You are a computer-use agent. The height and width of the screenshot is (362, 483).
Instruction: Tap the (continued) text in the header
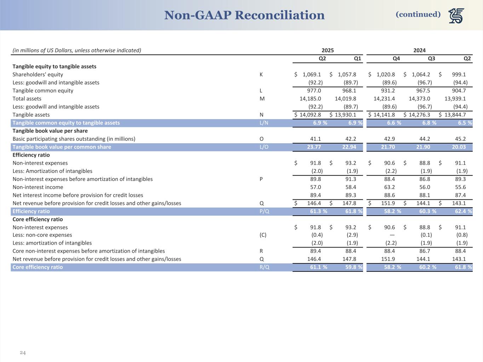point(418,14)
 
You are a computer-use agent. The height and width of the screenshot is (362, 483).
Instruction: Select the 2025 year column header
point(327,50)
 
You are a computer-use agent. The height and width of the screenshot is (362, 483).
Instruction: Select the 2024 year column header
point(419,50)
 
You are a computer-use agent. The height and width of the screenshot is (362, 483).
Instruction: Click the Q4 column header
point(396,58)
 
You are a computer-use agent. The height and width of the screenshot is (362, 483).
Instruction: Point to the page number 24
point(23,352)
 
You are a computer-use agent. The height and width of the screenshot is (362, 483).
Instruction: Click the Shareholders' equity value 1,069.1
point(312,75)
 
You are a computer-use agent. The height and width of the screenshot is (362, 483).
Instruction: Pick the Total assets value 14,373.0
point(419,99)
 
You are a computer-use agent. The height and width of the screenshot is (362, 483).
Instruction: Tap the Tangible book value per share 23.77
point(315,147)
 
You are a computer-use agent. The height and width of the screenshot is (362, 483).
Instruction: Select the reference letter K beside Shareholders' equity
point(261,75)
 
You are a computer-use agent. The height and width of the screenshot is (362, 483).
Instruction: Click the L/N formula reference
point(264,123)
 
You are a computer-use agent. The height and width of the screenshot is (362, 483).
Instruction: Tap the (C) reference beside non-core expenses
point(263,235)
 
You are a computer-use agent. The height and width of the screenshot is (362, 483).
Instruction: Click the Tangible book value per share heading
point(50,131)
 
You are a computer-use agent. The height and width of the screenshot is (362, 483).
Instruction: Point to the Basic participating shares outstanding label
point(74,139)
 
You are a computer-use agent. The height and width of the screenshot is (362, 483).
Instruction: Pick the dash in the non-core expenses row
point(392,235)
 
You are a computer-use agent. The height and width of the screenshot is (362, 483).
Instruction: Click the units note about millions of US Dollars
point(77,50)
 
